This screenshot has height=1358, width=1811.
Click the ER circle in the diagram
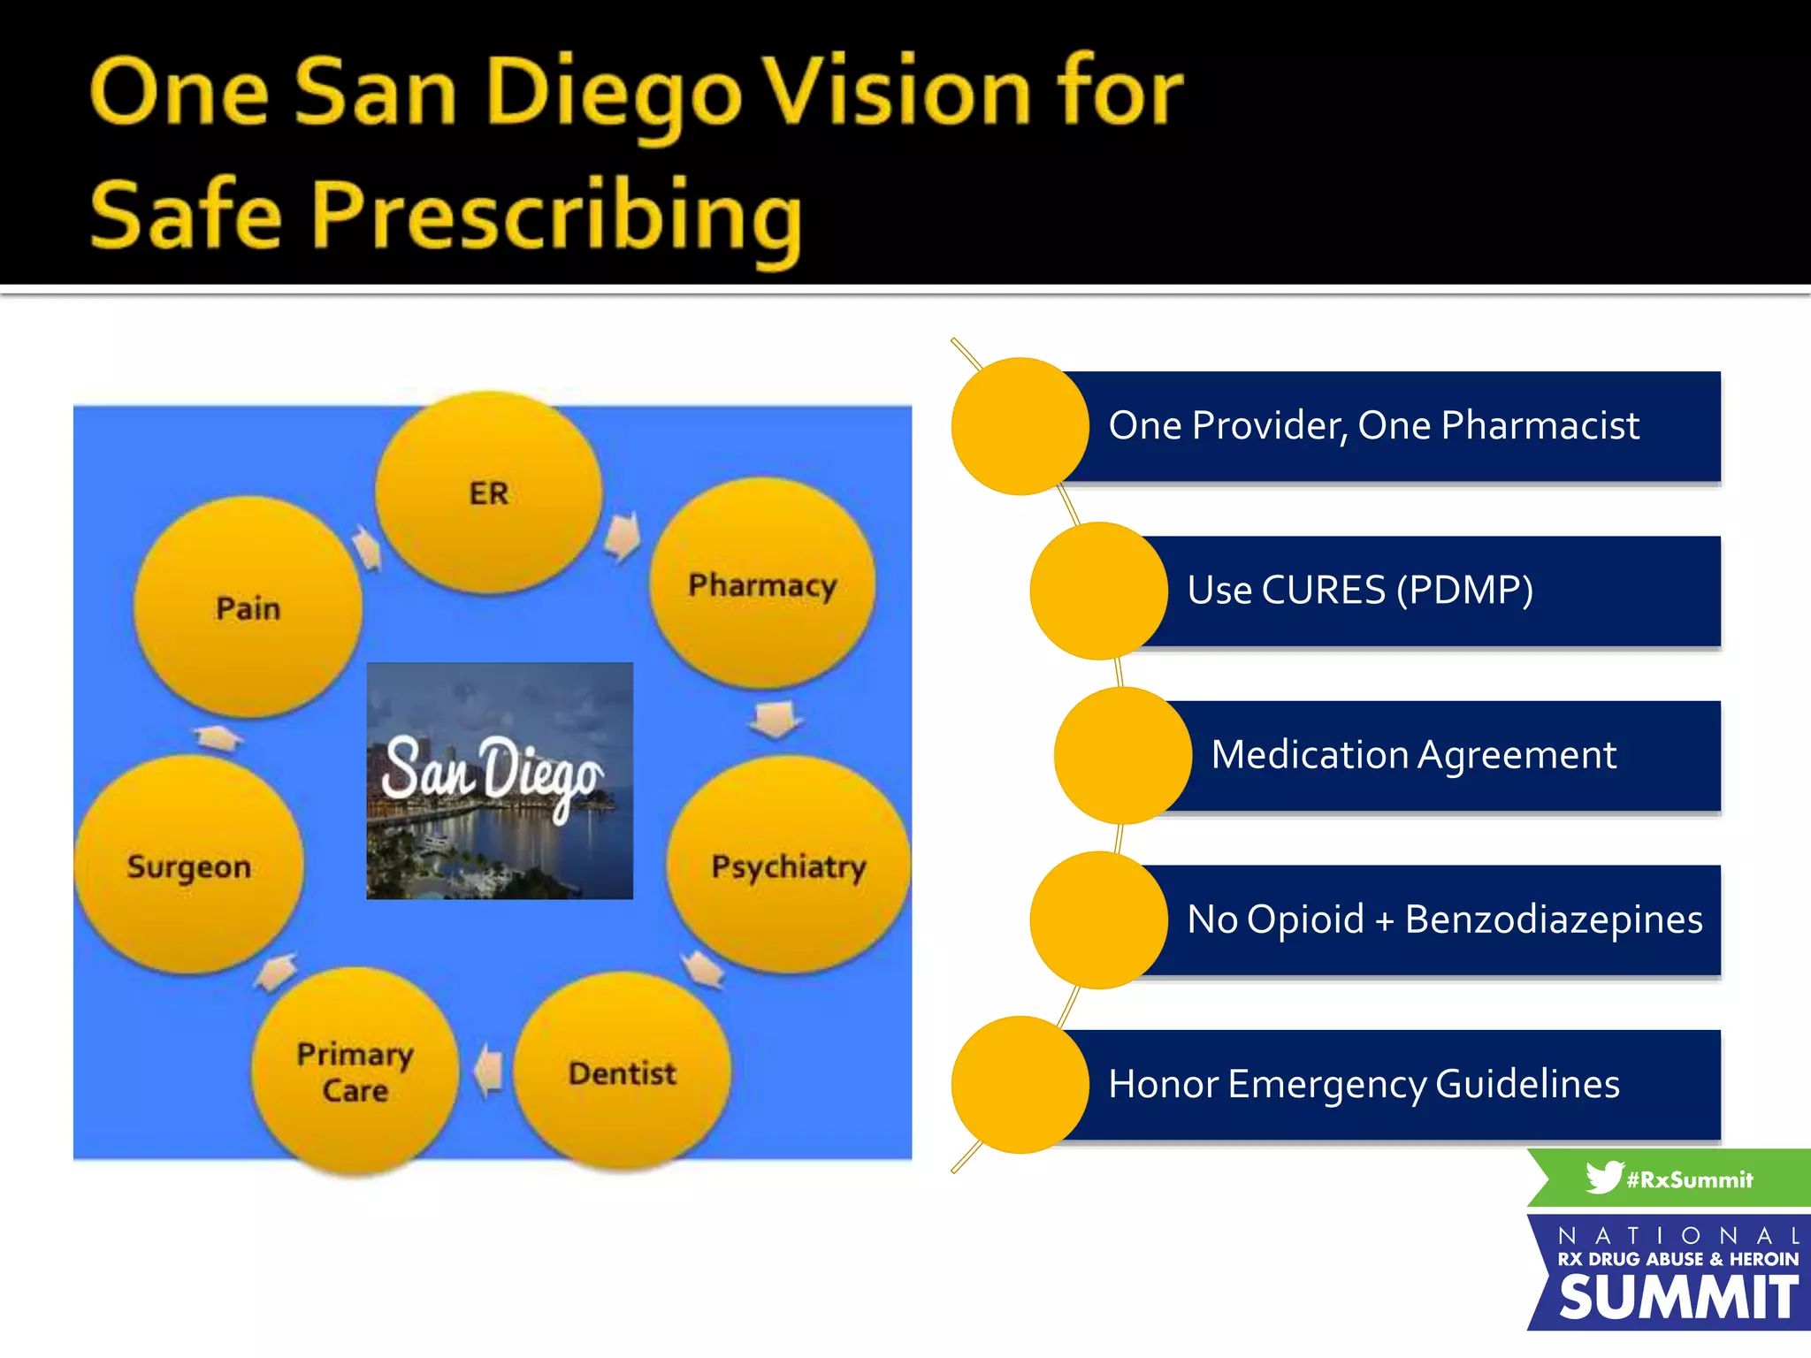[489, 492]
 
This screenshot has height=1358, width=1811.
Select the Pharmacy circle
[762, 584]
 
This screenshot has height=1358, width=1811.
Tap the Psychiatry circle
[788, 865]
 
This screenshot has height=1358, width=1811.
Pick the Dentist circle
[623, 1072]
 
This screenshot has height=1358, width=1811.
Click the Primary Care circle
[355, 1071]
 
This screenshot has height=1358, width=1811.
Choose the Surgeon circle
[188, 865]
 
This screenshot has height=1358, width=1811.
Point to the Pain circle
[248, 607]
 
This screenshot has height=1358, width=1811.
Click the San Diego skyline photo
[500, 781]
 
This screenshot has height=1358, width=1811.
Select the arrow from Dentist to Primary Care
[488, 1071]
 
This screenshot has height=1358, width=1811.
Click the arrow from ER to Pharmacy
[623, 536]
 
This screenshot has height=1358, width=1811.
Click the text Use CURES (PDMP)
[1359, 590]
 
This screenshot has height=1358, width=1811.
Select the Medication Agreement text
[1413, 754]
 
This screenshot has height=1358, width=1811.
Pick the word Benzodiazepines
[1553, 919]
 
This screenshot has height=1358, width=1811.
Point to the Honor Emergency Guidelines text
[1364, 1084]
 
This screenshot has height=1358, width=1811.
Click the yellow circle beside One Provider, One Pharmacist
[1020, 426]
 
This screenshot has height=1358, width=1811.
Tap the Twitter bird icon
[1603, 1178]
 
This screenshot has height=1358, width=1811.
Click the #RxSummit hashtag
[1689, 1179]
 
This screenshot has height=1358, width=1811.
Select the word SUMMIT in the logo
[1677, 1298]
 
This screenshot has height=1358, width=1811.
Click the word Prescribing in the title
[556, 215]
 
